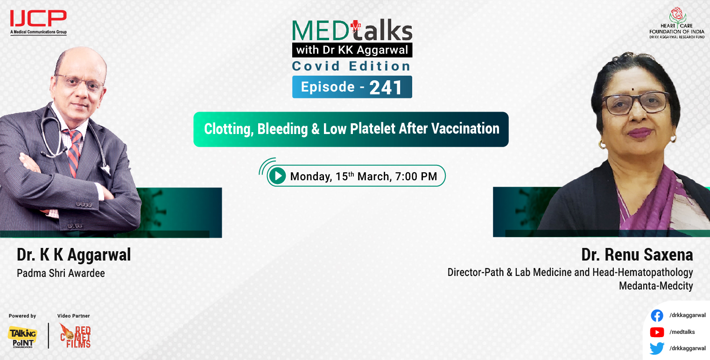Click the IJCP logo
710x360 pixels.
[x=38, y=21]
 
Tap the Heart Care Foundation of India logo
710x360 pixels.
[x=677, y=22]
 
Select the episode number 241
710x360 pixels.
[x=386, y=87]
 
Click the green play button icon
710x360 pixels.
[x=277, y=176]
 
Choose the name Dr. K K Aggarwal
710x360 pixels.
[x=74, y=255]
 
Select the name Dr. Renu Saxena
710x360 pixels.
[x=637, y=255]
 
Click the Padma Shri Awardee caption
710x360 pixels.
[x=61, y=273]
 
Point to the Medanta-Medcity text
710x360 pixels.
[x=656, y=285]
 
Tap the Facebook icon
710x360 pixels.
[x=657, y=316]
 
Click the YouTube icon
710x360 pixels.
[x=657, y=332]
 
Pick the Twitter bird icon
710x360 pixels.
[x=657, y=348]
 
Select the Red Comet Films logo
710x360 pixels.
[x=76, y=336]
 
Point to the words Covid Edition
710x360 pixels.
[x=351, y=66]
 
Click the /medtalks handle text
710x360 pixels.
[x=682, y=332]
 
